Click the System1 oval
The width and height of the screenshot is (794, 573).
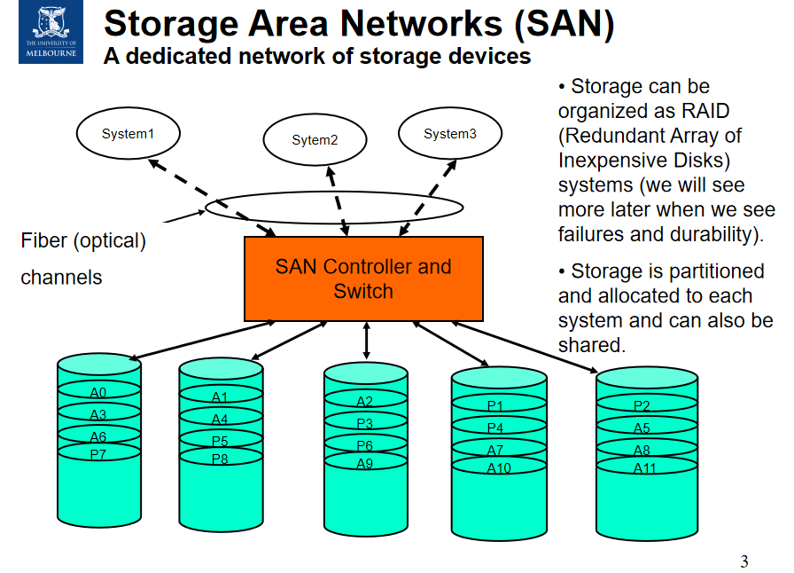pyautogui.click(x=128, y=134)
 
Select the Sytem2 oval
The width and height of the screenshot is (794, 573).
pyautogui.click(x=315, y=140)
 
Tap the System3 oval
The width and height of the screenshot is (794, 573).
pyautogui.click(x=449, y=134)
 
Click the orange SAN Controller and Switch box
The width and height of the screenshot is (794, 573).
pyautogui.click(x=363, y=279)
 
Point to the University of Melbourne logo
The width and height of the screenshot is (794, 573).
pyautogui.click(x=50, y=32)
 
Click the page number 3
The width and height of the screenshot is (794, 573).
pyautogui.click(x=744, y=561)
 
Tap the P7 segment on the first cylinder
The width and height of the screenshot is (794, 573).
pyautogui.click(x=98, y=454)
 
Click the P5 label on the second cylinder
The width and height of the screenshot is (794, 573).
pyautogui.click(x=220, y=441)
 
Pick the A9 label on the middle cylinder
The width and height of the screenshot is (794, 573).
pyautogui.click(x=365, y=463)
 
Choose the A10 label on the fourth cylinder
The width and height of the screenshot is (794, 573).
pyautogui.click(x=499, y=467)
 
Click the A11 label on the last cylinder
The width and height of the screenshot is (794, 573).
pyautogui.click(x=643, y=468)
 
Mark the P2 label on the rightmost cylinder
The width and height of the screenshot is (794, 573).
pyautogui.click(x=642, y=406)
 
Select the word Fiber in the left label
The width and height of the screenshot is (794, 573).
pyautogui.click(x=43, y=240)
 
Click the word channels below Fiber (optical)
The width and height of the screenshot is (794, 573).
pyautogui.click(x=61, y=278)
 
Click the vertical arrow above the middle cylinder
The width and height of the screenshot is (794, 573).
pyautogui.click(x=366, y=341)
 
